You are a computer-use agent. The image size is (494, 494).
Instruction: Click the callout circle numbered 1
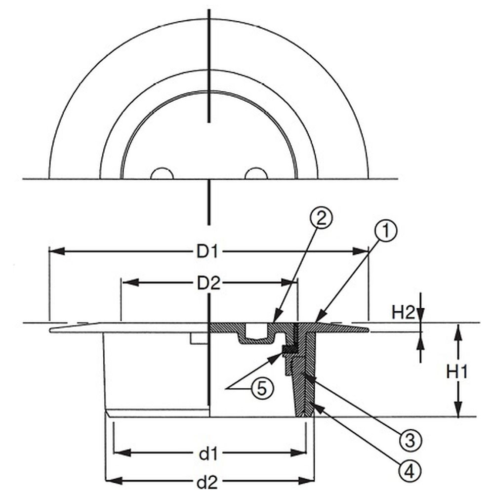tap(386, 231)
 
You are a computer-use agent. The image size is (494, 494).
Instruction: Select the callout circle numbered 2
tap(321, 218)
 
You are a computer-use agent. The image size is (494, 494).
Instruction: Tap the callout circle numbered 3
tap(410, 440)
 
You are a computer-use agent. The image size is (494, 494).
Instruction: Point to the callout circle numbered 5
tap(262, 388)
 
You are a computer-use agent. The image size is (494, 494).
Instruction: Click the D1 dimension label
tap(207, 252)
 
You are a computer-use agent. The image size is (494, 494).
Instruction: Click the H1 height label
tap(457, 371)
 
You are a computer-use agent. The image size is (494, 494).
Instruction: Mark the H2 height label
tap(404, 313)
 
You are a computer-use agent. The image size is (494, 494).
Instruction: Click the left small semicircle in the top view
tap(162, 173)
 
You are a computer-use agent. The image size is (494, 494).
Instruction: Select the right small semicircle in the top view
tap(256, 173)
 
